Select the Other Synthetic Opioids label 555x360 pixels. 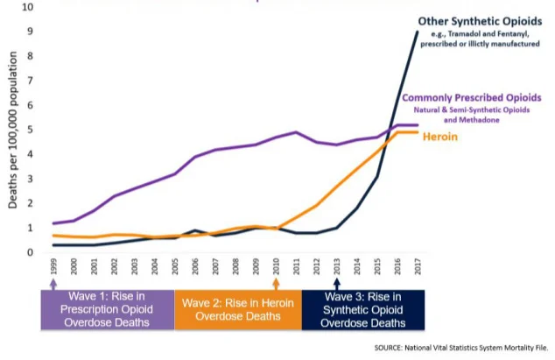pyautogui.click(x=478, y=20)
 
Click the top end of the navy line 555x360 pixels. pyautogui.click(x=418, y=32)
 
